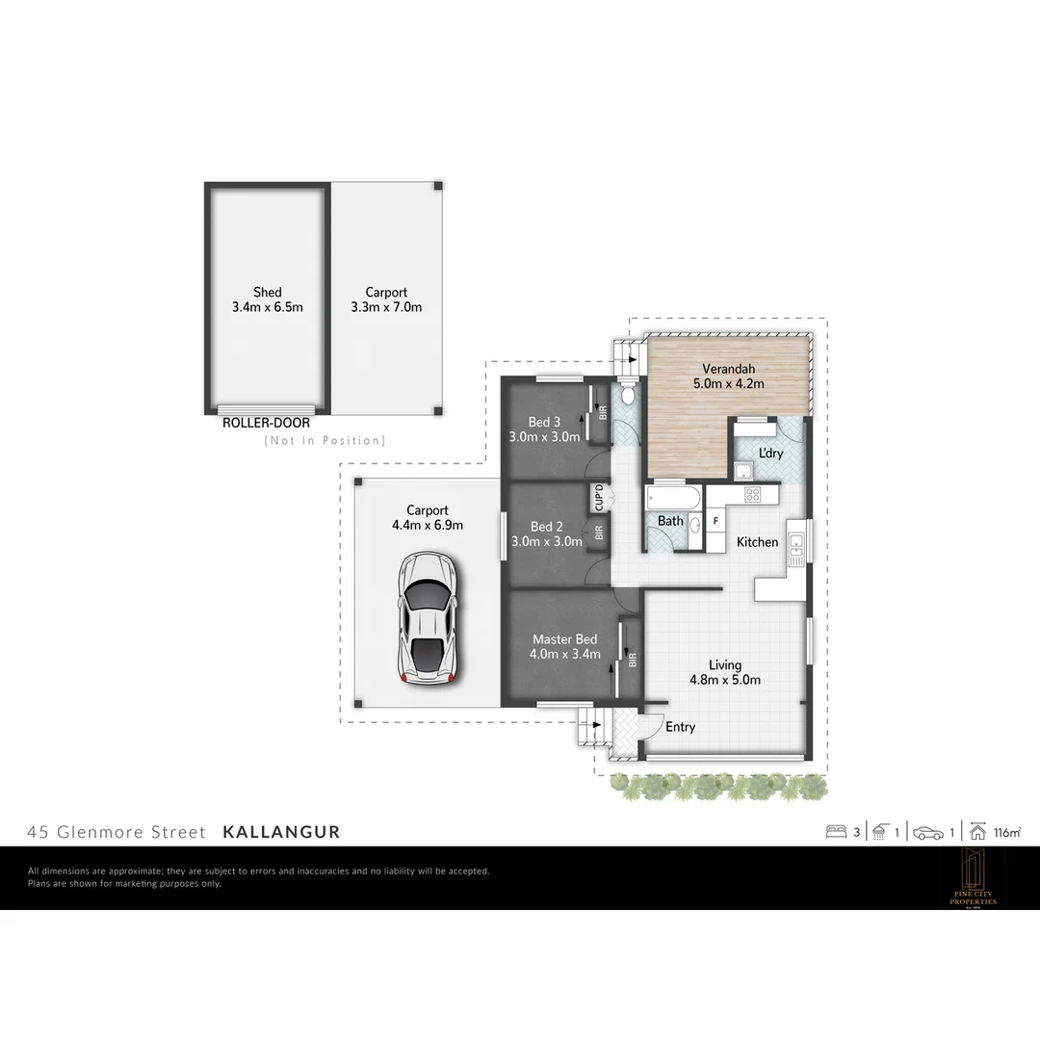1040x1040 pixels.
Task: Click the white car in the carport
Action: coord(427,617)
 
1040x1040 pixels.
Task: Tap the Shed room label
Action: coord(268,292)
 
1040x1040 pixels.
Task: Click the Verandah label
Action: coord(728,369)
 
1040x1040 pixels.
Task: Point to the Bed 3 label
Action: coord(544,422)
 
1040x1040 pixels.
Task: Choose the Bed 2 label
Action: coord(546,527)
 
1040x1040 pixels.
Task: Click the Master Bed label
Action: coord(564,639)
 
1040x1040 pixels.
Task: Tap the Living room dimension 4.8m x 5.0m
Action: coord(725,680)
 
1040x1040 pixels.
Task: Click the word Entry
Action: coord(680,727)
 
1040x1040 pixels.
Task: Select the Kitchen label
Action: coord(757,542)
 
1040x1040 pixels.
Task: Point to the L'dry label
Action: coord(770,453)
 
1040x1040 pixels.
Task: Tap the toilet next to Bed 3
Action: coord(627,394)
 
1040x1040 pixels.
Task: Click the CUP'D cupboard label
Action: coord(599,499)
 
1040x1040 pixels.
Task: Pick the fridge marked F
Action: coord(715,521)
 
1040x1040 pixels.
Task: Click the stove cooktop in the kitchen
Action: coord(752,494)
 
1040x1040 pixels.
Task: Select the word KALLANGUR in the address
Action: coord(281,832)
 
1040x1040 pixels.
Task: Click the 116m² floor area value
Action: coord(1008,832)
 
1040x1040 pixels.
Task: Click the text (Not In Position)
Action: coord(325,441)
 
